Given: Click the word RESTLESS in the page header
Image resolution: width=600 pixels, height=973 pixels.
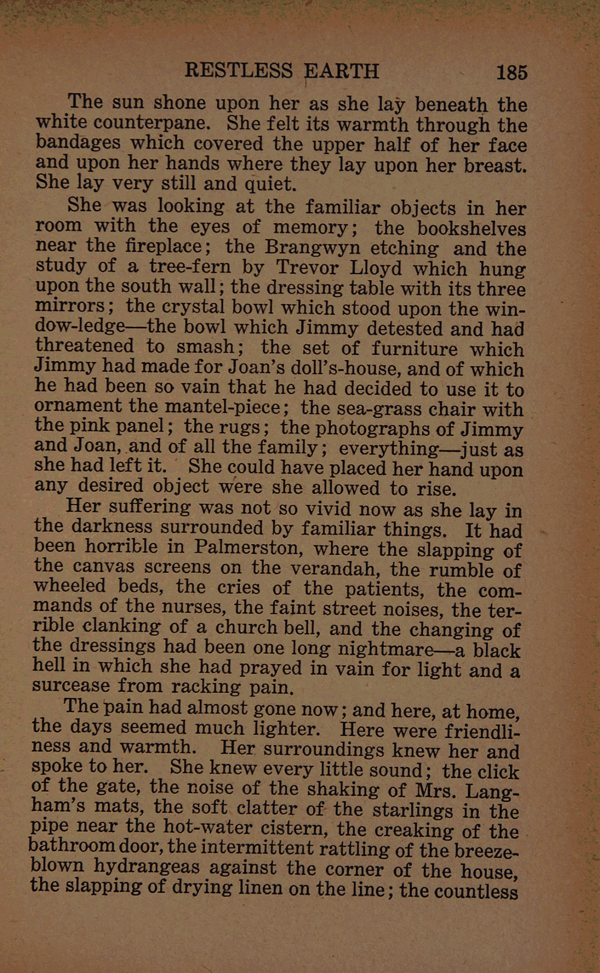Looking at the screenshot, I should tap(238, 71).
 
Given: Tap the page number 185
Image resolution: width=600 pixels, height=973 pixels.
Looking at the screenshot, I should tap(512, 72).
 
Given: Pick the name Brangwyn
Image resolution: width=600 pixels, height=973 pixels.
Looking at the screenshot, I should tap(312, 248).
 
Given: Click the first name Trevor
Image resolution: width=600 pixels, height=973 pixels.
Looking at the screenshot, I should tap(307, 268).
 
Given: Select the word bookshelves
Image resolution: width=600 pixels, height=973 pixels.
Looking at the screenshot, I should tap(471, 228).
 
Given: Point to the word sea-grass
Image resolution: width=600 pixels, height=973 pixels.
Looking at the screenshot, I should tap(359, 408).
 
